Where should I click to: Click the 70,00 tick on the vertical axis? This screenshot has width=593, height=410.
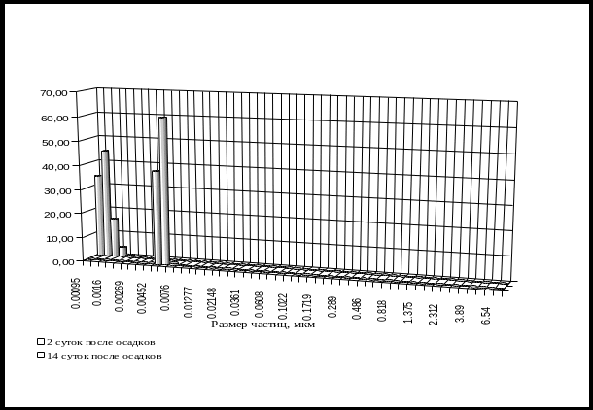click(55, 94)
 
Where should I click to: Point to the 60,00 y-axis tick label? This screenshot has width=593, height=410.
click(55, 119)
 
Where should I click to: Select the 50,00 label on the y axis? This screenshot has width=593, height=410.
click(55, 143)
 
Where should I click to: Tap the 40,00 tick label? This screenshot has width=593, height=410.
click(55, 167)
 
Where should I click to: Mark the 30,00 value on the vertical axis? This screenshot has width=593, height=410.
click(55, 190)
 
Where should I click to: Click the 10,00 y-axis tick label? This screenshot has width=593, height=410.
click(55, 238)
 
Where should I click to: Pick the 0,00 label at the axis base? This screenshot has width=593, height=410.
click(57, 262)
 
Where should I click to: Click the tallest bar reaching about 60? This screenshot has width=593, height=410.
click(163, 189)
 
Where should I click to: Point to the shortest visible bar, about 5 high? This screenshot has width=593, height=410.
click(123, 252)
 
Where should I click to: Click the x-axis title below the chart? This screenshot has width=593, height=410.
click(248, 324)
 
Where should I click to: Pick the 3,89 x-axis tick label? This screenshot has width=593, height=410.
click(459, 311)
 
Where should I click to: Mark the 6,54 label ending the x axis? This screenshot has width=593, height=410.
click(484, 313)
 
